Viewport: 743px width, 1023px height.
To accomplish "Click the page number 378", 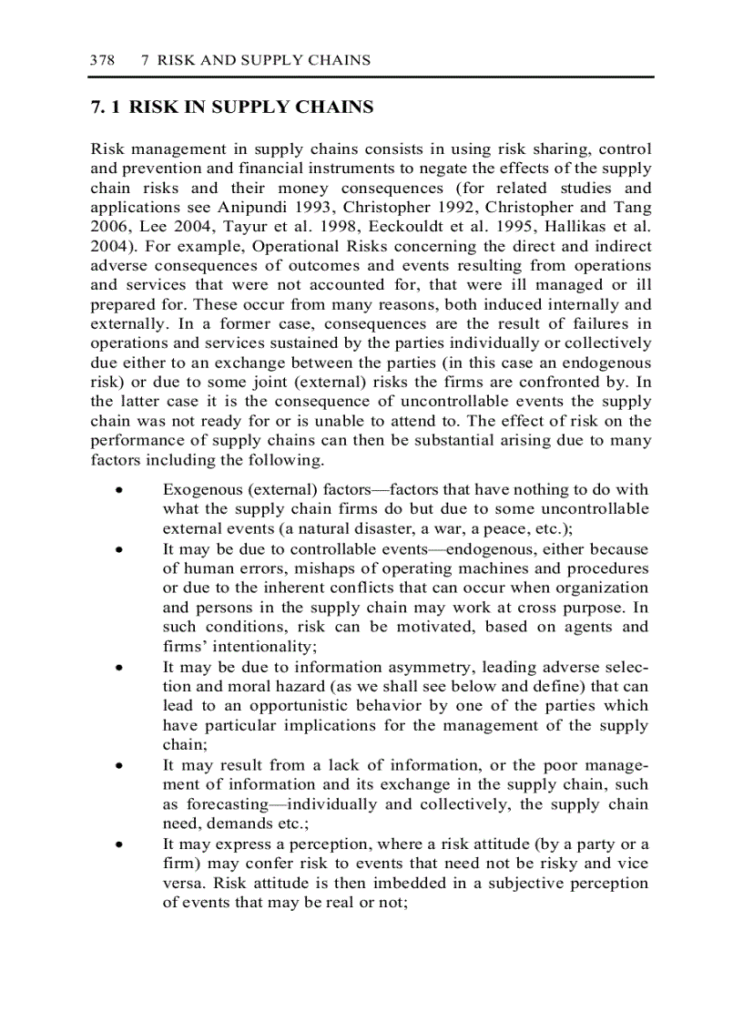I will pyautogui.click(x=102, y=60).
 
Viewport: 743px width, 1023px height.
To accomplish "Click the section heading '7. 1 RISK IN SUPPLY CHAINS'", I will pyautogui.click(x=232, y=107).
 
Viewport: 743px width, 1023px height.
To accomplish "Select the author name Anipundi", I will pyautogui.click(x=273, y=207).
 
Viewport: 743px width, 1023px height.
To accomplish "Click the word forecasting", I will pyautogui.click(x=228, y=804).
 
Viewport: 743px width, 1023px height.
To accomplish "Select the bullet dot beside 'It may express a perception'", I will pyautogui.click(x=119, y=844).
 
